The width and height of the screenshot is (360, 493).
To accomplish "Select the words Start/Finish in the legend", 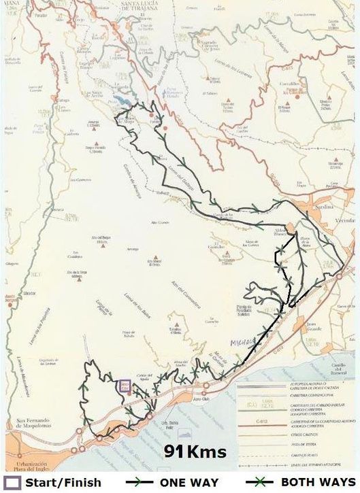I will click(63, 483).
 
